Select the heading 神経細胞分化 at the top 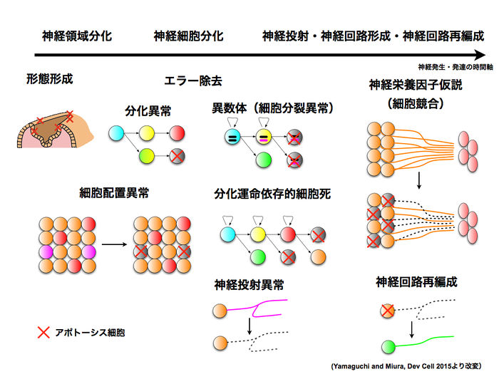tap(188, 36)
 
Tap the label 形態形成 tap(49, 79)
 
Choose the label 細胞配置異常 tap(114, 192)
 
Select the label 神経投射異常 tap(249, 285)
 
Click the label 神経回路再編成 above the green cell tap(416, 282)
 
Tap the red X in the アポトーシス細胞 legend tap(43, 331)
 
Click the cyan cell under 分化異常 tap(115, 133)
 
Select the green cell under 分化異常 tap(147, 155)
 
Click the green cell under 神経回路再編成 tap(389, 347)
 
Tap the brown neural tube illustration tap(54, 125)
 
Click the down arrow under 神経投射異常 tap(249, 327)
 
